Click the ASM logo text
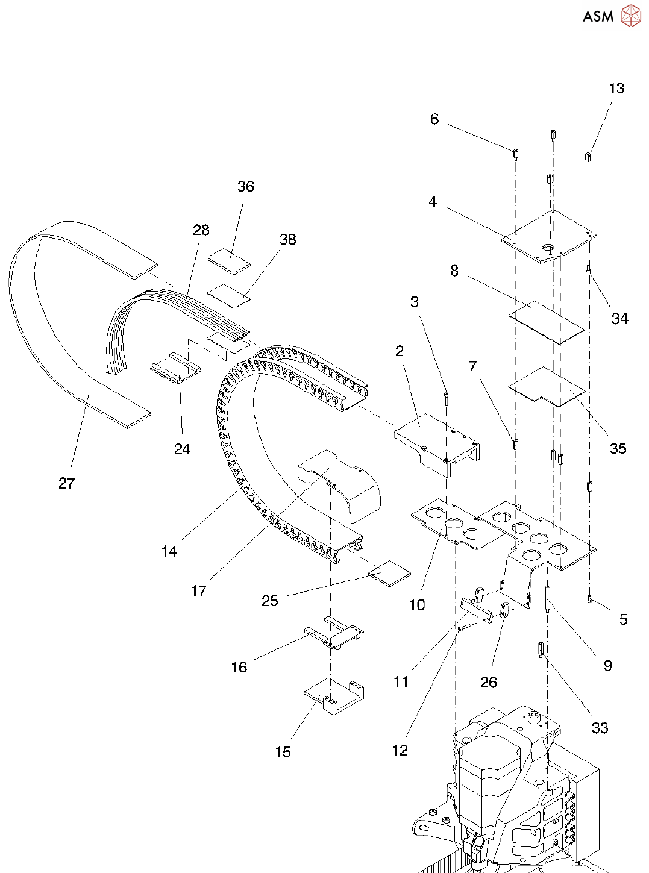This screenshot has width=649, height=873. pyautogui.click(x=598, y=16)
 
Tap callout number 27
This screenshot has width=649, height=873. pyautogui.click(x=66, y=483)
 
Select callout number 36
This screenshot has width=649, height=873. pyautogui.click(x=246, y=187)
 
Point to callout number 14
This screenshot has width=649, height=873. pyautogui.click(x=169, y=551)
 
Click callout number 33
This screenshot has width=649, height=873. pyautogui.click(x=600, y=728)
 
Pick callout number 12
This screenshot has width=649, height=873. pyautogui.click(x=400, y=750)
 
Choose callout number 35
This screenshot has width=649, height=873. pyautogui.click(x=618, y=448)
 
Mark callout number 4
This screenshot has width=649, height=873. pyautogui.click(x=433, y=202)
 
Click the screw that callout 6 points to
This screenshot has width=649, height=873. pyautogui.click(x=516, y=154)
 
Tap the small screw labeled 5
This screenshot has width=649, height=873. pyautogui.click(x=589, y=599)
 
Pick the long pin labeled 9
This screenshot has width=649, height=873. pyautogui.click(x=547, y=598)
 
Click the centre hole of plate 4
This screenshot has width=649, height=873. pyautogui.click(x=548, y=248)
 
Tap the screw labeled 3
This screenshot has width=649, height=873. pyautogui.click(x=445, y=396)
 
